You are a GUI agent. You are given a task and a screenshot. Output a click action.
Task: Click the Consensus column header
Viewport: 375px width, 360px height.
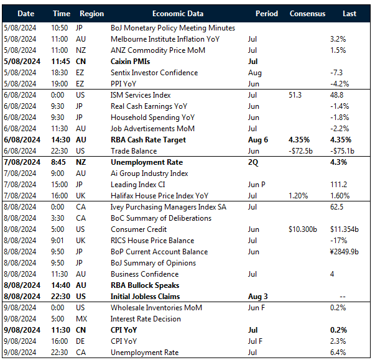pyautogui.click(x=307, y=13)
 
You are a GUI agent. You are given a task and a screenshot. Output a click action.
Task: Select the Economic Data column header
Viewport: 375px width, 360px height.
pyautogui.click(x=178, y=13)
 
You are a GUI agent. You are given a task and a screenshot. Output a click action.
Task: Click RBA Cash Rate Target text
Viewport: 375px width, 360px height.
pyautogui.click(x=148, y=140)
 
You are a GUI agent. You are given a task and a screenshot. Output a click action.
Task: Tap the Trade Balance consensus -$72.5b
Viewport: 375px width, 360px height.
pyautogui.click(x=303, y=151)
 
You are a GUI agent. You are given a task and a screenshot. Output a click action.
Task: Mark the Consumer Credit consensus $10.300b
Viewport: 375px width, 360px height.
pyautogui.click(x=306, y=229)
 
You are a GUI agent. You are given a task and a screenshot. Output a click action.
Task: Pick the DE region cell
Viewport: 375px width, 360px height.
pyautogui.click(x=80, y=341)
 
